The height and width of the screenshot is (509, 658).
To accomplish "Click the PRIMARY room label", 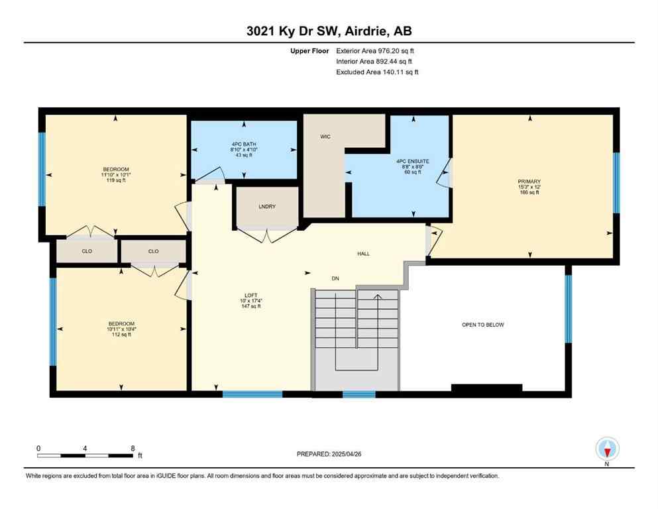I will pyautogui.click(x=529, y=181).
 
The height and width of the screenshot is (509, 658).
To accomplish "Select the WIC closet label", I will pyautogui.click(x=325, y=137).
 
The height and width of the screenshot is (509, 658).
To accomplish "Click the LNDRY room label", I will pyautogui.click(x=267, y=207).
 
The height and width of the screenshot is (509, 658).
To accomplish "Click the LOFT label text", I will pyautogui.click(x=250, y=296).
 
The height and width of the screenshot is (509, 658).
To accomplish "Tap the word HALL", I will pyautogui.click(x=363, y=254).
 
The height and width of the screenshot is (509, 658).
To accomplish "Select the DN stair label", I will pyautogui.click(x=335, y=278).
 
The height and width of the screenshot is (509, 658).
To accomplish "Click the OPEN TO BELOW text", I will pyautogui.click(x=482, y=325).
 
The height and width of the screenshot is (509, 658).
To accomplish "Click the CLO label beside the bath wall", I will pyautogui.click(x=153, y=251).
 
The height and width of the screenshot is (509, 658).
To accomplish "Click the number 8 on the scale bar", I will pyautogui.click(x=133, y=448).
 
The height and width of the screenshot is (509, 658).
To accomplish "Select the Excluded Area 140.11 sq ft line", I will pyautogui.click(x=377, y=72).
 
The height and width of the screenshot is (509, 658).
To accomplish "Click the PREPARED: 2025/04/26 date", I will pyautogui.click(x=329, y=454).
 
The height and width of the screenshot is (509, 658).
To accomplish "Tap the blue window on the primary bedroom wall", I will pyautogui.click(x=616, y=182).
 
